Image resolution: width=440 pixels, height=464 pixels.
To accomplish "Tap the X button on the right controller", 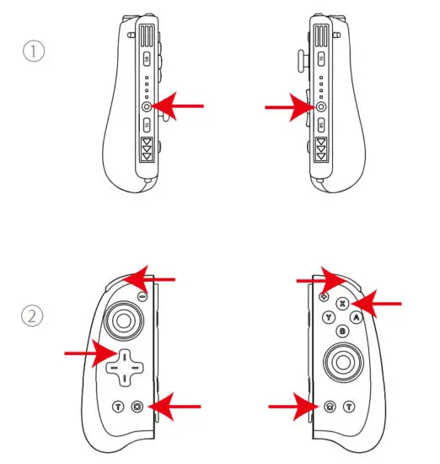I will tap(342, 303).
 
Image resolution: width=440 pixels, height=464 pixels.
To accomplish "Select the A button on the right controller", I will tap(357, 317).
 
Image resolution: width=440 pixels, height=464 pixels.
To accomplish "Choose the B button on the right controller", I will tap(342, 332).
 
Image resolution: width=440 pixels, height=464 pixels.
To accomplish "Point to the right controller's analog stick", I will tap(341, 364).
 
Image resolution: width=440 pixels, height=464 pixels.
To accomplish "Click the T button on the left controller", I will tap(118, 407).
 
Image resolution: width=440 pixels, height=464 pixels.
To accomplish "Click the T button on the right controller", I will tap(347, 407).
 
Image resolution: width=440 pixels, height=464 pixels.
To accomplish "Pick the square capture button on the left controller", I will tap(137, 407).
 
